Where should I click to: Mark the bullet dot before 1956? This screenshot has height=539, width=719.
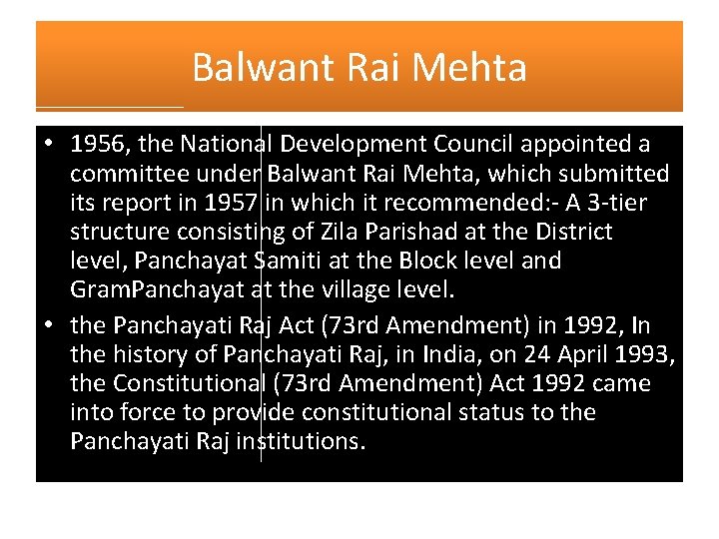pos(49,146)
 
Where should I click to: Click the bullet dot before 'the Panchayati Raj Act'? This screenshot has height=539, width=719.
pos(49,325)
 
